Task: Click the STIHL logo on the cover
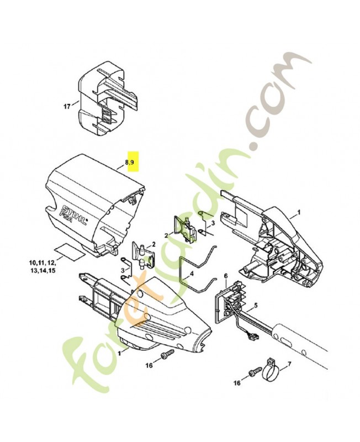(x=74, y=214)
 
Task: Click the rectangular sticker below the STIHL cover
(x=70, y=249)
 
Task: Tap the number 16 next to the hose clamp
(x=237, y=382)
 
